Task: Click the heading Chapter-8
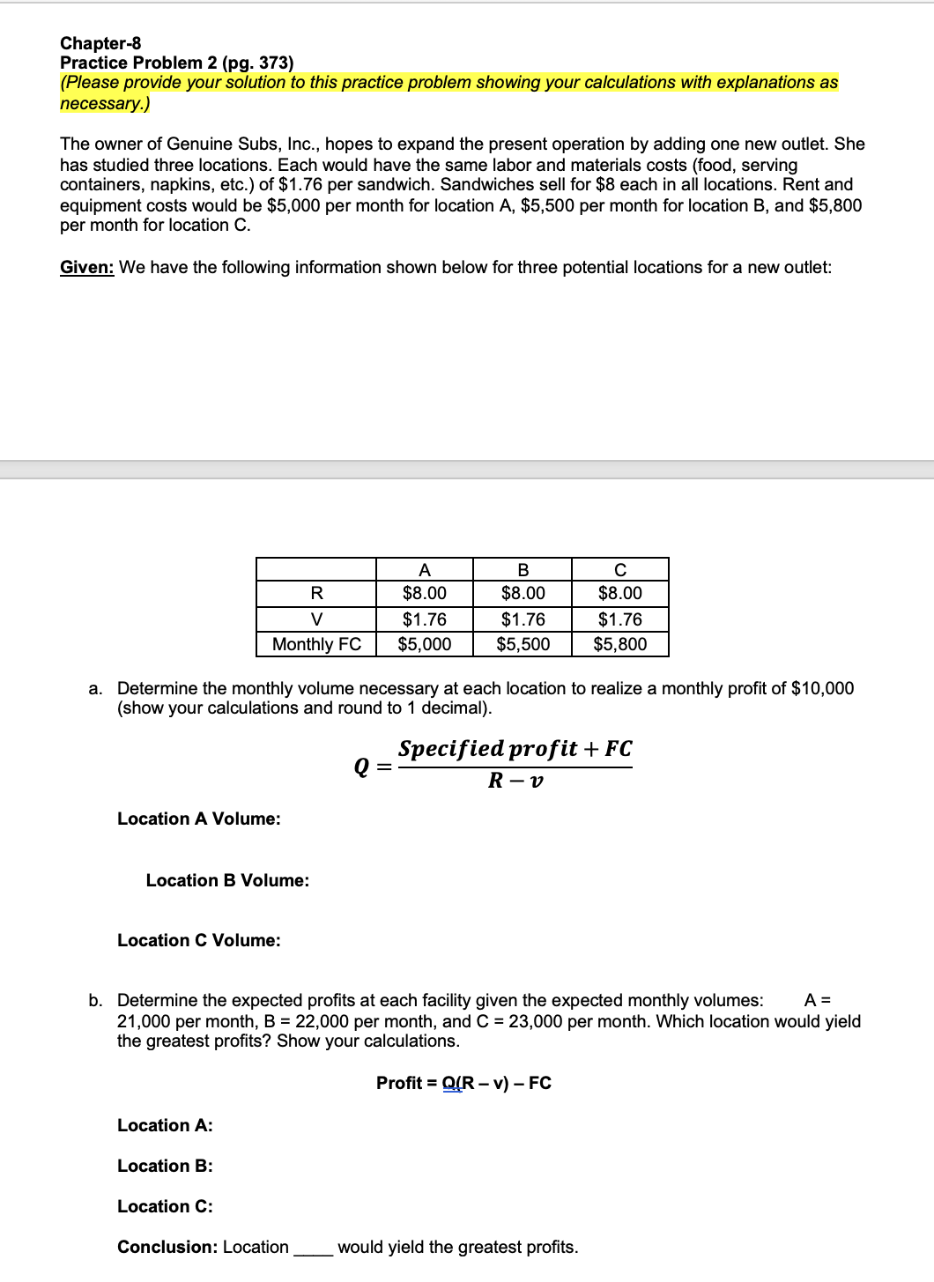coord(100,43)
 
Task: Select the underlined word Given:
coord(86,267)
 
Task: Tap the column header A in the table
coord(424,570)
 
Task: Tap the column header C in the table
coord(619,570)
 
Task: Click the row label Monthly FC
coord(316,644)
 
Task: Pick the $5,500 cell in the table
coord(523,644)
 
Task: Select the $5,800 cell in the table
coord(619,644)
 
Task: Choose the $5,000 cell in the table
coord(424,644)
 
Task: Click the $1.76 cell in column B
coord(523,619)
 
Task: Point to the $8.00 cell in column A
coord(424,594)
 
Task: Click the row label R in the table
coord(316,594)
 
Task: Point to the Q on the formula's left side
coord(361,767)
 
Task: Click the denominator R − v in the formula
coord(515,781)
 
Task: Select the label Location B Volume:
coord(227,880)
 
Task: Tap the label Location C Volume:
coord(199,940)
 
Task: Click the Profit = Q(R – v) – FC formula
coord(463,1083)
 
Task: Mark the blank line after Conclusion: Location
coord(313,1249)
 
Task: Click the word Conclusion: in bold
coord(167,1247)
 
